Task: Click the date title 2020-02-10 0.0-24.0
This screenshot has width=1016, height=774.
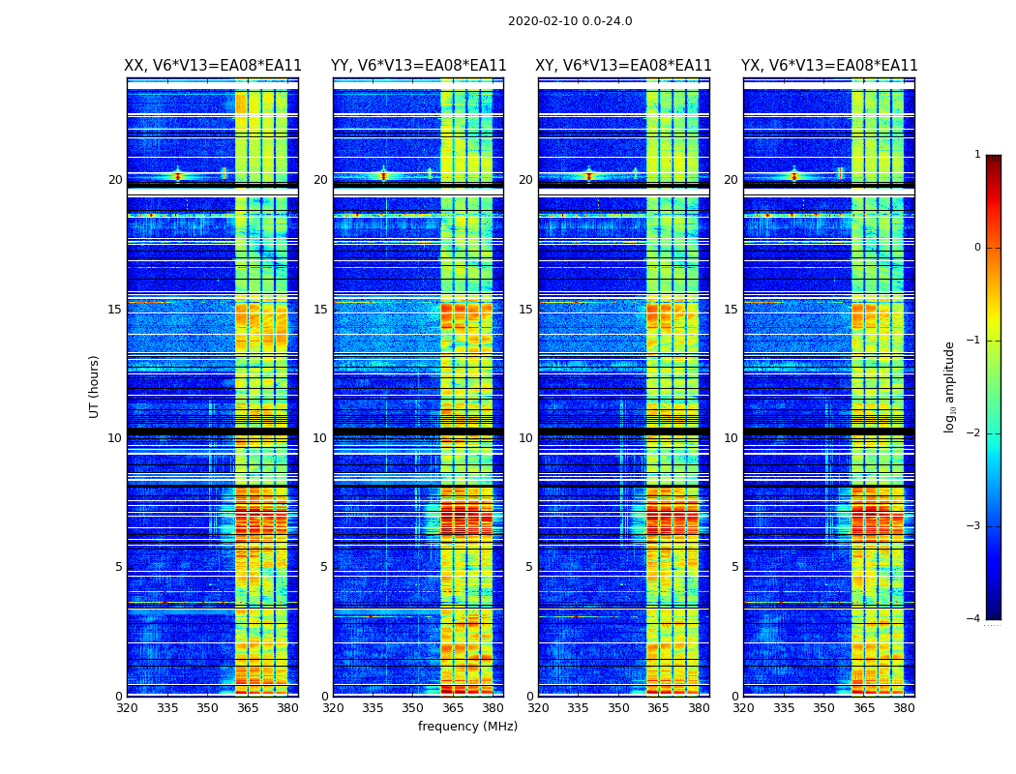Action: pyautogui.click(x=570, y=21)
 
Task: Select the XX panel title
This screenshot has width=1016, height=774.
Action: pyautogui.click(x=213, y=66)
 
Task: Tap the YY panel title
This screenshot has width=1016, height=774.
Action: pyautogui.click(x=419, y=66)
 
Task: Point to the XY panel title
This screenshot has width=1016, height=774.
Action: pyautogui.click(x=624, y=66)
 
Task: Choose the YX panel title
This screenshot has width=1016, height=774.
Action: pyautogui.click(x=829, y=66)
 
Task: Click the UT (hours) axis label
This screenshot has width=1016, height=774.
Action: pyautogui.click(x=95, y=386)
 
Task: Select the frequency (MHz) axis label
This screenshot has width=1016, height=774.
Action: pyautogui.click(x=467, y=727)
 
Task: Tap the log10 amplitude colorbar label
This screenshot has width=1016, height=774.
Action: pyautogui.click(x=950, y=386)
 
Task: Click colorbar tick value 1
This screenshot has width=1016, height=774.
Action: pyautogui.click(x=977, y=155)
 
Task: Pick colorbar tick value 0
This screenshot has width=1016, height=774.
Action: pyautogui.click(x=977, y=248)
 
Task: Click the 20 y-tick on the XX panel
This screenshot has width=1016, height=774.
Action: pyautogui.click(x=115, y=180)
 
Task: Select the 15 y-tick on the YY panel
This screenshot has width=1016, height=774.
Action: pyautogui.click(x=320, y=310)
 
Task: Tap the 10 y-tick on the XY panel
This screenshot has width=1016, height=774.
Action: pyautogui.click(x=525, y=438)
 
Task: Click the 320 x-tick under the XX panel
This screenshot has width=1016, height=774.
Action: pyautogui.click(x=127, y=708)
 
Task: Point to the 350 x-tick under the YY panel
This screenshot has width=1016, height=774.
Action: pyautogui.click(x=413, y=708)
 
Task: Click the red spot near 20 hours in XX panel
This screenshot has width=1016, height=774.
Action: pyautogui.click(x=177, y=176)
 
